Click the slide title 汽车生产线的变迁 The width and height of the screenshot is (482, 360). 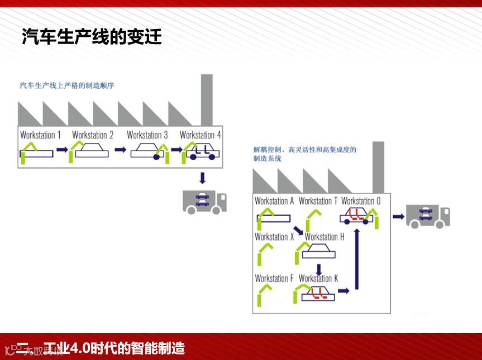pyautogui.click(x=92, y=37)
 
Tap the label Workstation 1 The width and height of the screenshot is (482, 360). pyautogui.click(x=40, y=135)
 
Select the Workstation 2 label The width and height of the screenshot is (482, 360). pyautogui.click(x=93, y=135)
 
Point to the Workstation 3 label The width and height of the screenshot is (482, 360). pyautogui.click(x=147, y=135)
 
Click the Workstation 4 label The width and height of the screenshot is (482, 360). pyautogui.click(x=200, y=135)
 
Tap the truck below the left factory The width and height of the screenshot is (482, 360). pyautogui.click(x=204, y=201)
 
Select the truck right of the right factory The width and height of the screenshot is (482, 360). pyautogui.click(x=428, y=216)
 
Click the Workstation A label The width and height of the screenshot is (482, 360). pyautogui.click(x=274, y=201)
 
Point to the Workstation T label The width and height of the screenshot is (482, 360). pyautogui.click(x=318, y=201)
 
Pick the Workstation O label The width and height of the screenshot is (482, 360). pyautogui.click(x=361, y=201)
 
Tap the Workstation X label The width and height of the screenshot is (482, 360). pyautogui.click(x=274, y=237)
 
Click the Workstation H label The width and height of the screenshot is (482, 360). pyautogui.click(x=324, y=237)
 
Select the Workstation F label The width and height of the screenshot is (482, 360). pyautogui.click(x=274, y=278)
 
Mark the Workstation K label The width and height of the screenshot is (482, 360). pyautogui.click(x=318, y=278)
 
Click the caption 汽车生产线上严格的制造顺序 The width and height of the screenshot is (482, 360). pyautogui.click(x=66, y=85)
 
